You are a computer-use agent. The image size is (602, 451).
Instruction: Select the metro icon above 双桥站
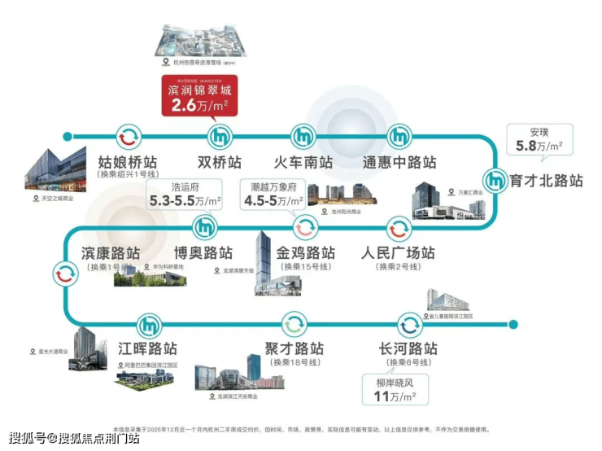click(220, 137)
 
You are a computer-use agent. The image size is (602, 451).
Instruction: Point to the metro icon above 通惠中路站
click(399, 137)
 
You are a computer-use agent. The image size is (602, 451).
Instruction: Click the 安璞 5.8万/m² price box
click(540, 139)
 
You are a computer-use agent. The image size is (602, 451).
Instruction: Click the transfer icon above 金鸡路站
click(304, 226)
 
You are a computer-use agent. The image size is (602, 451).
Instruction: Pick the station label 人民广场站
click(399, 252)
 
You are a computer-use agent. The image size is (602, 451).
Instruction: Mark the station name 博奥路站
click(203, 252)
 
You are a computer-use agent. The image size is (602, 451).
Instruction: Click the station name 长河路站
click(409, 348)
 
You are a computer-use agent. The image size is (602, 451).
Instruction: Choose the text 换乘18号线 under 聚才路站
click(294, 362)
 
